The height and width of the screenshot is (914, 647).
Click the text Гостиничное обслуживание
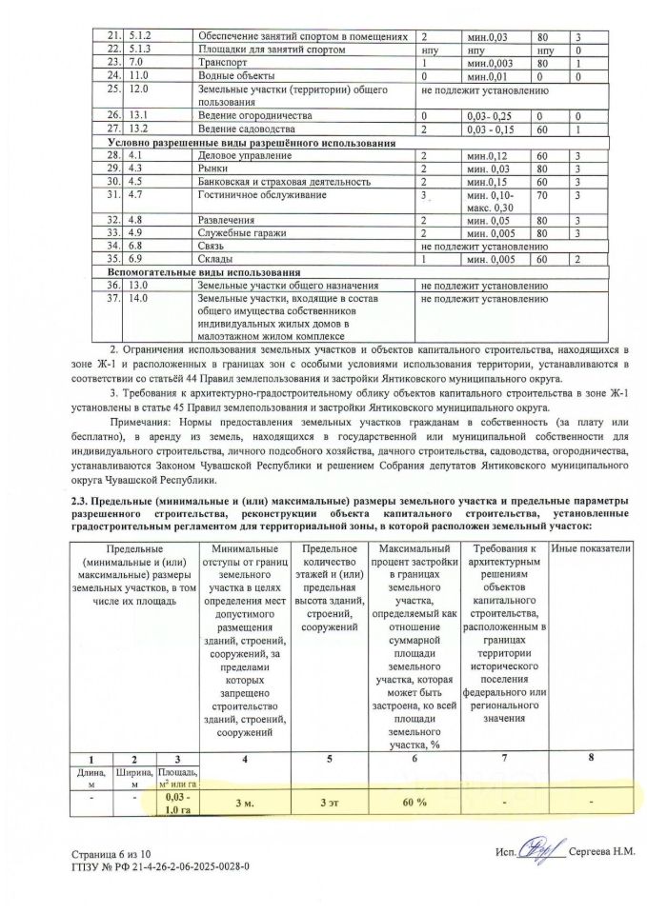254,194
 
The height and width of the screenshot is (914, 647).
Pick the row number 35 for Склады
113,258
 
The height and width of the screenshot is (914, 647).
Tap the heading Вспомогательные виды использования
206,271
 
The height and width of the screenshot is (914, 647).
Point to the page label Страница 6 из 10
117,854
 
